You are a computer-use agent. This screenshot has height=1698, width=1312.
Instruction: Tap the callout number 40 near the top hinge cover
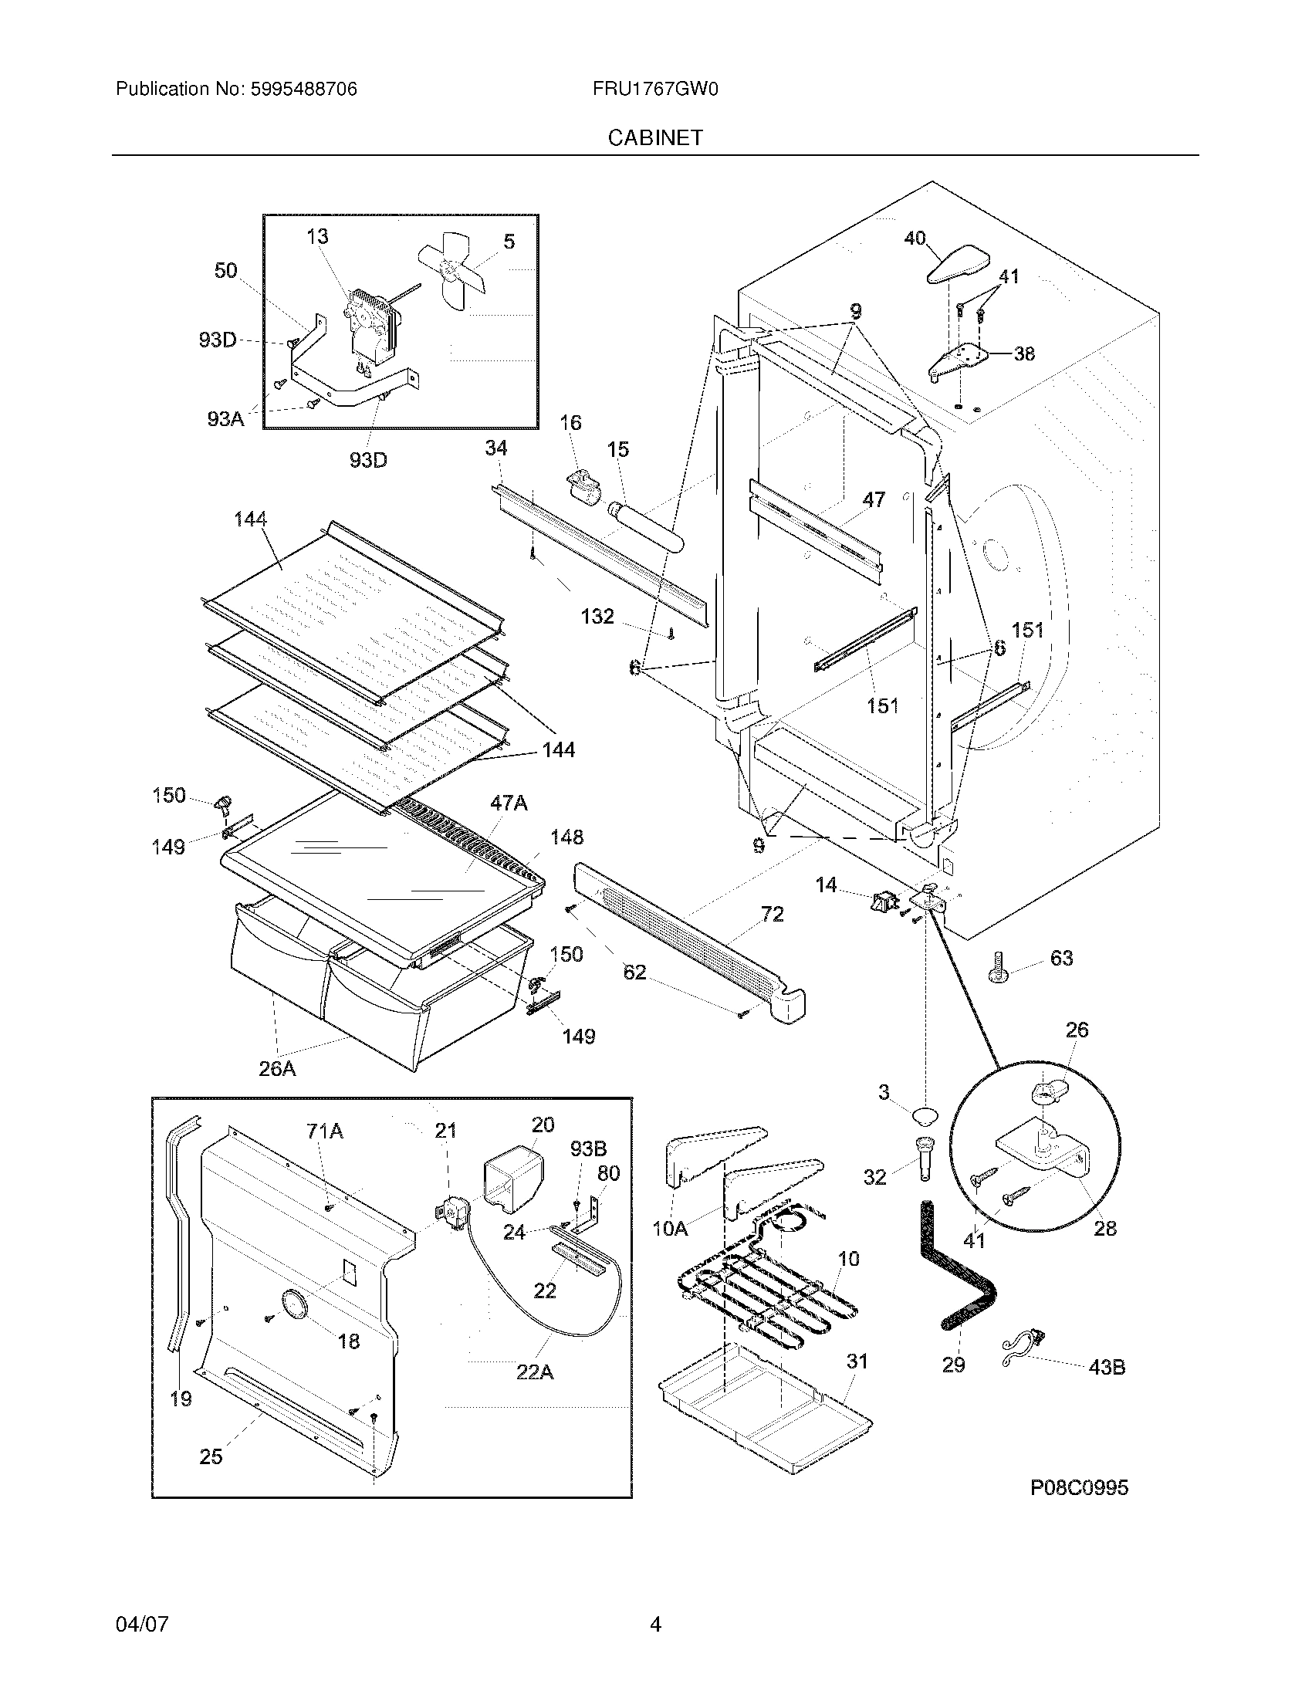coord(915,238)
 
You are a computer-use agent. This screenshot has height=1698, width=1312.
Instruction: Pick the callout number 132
coord(597,617)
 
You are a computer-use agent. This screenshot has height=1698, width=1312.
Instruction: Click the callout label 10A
coord(670,1229)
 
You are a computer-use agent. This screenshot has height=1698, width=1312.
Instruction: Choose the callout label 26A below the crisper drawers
coord(278,1069)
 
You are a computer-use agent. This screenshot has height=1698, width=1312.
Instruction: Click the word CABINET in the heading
coord(655,137)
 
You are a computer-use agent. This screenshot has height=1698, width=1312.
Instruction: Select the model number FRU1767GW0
coord(655,90)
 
